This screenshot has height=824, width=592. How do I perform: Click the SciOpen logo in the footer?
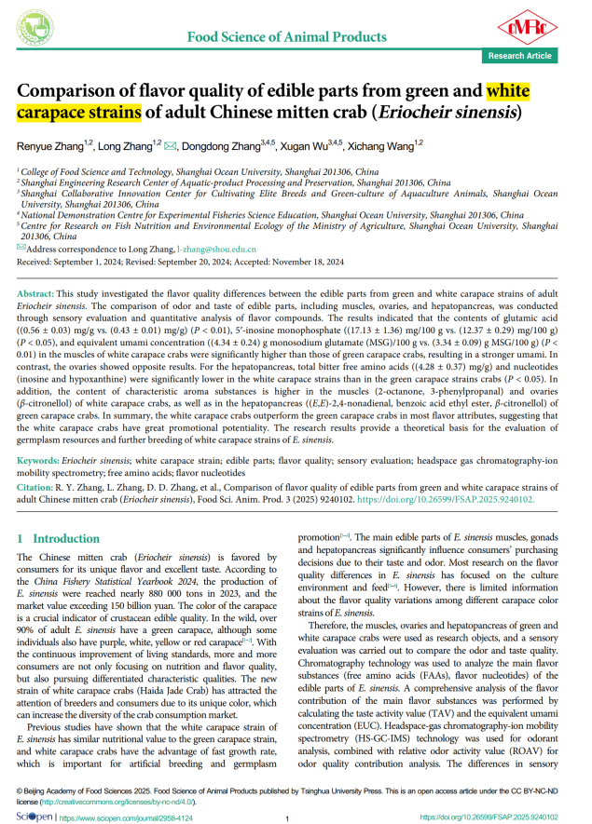pyautogui.click(x=34, y=817)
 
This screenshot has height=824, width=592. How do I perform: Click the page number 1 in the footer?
pyautogui.click(x=289, y=817)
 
